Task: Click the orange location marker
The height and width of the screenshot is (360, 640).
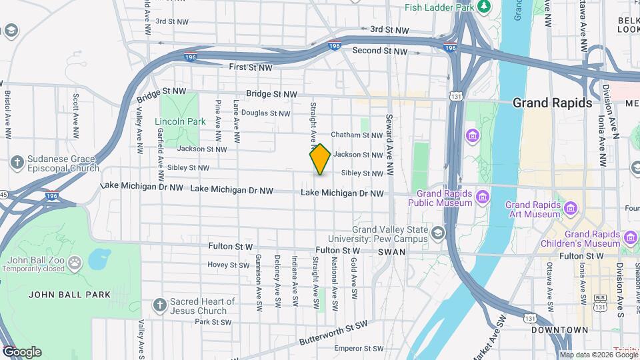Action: (321, 159)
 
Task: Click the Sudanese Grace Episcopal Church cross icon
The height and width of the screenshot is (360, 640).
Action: (17, 163)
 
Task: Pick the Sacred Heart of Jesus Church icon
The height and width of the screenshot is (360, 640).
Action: (159, 305)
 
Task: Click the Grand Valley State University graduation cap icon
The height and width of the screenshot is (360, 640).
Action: (437, 233)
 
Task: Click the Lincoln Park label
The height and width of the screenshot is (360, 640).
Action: (180, 122)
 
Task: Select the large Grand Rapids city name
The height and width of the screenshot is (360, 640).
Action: (552, 103)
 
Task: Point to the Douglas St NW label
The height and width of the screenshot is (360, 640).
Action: (266, 113)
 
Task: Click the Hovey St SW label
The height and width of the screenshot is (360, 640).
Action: (228, 265)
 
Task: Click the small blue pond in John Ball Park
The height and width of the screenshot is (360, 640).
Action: (99, 257)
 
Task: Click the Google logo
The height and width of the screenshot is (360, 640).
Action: (21, 352)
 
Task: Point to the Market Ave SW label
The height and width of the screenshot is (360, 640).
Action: (493, 334)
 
